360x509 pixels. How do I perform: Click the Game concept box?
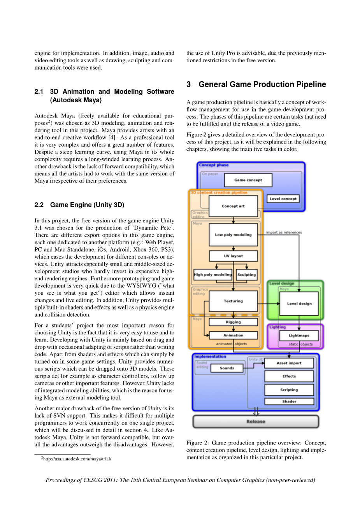click(248, 180)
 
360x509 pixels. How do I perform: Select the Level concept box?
click(283, 199)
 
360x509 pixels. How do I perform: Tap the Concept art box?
click(233, 206)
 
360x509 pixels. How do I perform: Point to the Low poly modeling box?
click(233, 234)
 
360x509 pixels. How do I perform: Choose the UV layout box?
click(233, 256)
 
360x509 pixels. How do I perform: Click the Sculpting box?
click(247, 275)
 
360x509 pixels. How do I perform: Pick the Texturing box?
click(233, 301)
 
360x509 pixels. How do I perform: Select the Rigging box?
click(233, 322)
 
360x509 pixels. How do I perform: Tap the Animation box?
click(233, 335)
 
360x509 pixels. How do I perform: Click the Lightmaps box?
click(299, 335)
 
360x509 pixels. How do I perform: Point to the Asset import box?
click(289, 363)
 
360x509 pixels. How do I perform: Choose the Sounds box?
click(227, 368)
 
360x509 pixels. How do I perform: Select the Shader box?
click(289, 401)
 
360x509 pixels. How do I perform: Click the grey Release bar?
click(256, 422)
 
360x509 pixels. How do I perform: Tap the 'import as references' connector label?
click(284, 233)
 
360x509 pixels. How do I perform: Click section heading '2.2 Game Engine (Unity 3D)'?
click(79, 205)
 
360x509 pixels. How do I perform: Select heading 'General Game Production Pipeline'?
click(262, 84)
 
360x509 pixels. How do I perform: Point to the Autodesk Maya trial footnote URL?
click(77, 459)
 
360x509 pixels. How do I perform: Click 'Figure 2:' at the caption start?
click(194, 443)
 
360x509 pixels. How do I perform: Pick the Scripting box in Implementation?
click(289, 390)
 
